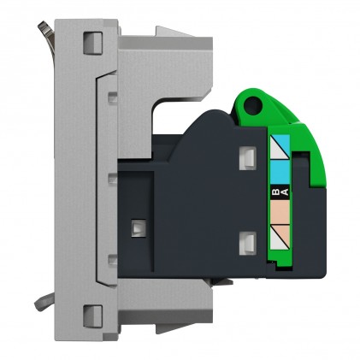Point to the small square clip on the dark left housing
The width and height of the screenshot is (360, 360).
[x=136, y=228]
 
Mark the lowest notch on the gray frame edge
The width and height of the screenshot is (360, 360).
[x=112, y=259]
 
